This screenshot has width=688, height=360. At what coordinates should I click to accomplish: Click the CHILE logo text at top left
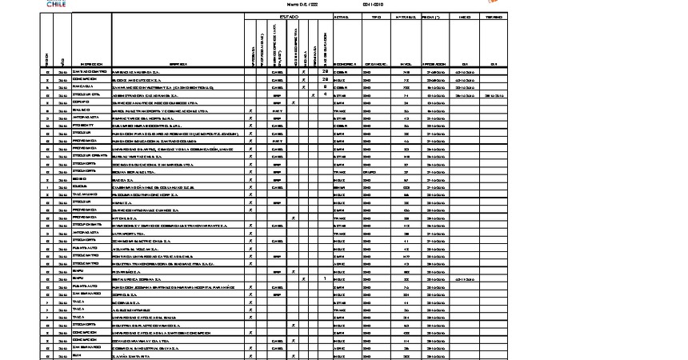56,4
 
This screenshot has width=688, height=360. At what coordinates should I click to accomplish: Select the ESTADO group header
289,16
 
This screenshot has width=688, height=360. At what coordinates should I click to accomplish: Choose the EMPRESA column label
178,64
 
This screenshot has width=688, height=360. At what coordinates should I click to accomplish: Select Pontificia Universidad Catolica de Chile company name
159,255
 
